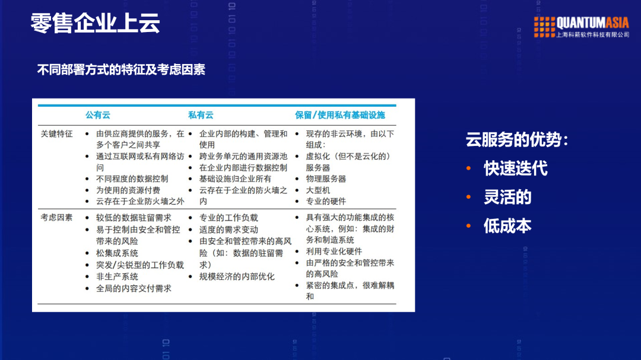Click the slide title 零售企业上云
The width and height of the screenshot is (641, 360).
(95, 24)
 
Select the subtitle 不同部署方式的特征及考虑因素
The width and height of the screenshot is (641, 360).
(121, 69)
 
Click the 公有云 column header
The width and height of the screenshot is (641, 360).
(97, 115)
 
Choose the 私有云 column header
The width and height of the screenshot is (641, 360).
(201, 115)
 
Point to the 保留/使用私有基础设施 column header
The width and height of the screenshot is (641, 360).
(340, 115)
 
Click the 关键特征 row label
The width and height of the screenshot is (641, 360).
(56, 134)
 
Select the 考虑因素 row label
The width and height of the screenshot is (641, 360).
(56, 218)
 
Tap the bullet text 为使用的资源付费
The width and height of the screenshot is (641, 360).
(128, 190)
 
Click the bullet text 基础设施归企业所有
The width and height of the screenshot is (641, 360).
(235, 179)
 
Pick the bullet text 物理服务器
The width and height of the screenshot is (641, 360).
(326, 179)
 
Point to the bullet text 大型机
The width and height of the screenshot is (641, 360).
(318, 190)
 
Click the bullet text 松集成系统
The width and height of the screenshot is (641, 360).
(117, 253)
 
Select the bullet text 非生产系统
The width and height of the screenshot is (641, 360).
(117, 277)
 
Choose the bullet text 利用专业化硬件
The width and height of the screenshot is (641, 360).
(334, 251)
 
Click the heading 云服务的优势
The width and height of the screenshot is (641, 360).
(516, 141)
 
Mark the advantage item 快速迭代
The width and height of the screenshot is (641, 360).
(515, 168)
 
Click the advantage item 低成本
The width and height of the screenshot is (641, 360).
(507, 226)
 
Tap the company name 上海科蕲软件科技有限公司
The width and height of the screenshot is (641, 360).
(592, 35)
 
